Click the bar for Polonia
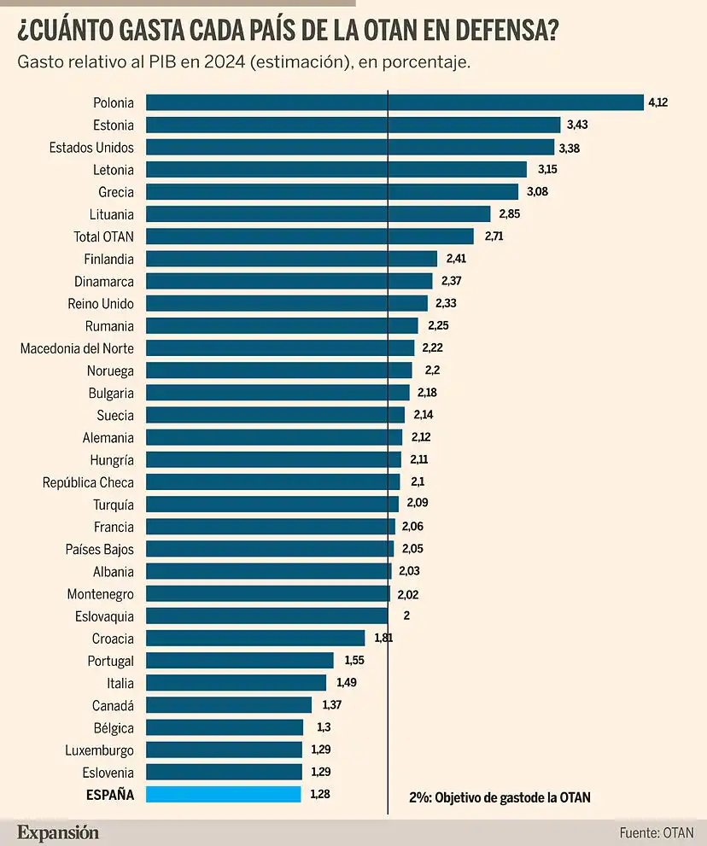click(394, 102)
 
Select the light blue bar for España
click(224, 795)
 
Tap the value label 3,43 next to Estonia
click(578, 125)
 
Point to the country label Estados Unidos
click(91, 148)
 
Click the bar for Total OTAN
click(310, 236)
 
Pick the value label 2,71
click(493, 236)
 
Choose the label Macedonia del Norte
click(77, 347)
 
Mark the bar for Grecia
click(332, 192)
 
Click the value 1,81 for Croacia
click(383, 638)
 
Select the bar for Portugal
click(240, 661)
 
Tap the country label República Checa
click(88, 482)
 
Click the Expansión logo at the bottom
click(58, 832)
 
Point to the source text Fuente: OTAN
click(657, 832)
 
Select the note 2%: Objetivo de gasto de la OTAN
click(500, 797)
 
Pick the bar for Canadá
click(229, 705)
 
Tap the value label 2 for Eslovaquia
click(406, 616)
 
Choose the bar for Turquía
click(272, 505)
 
